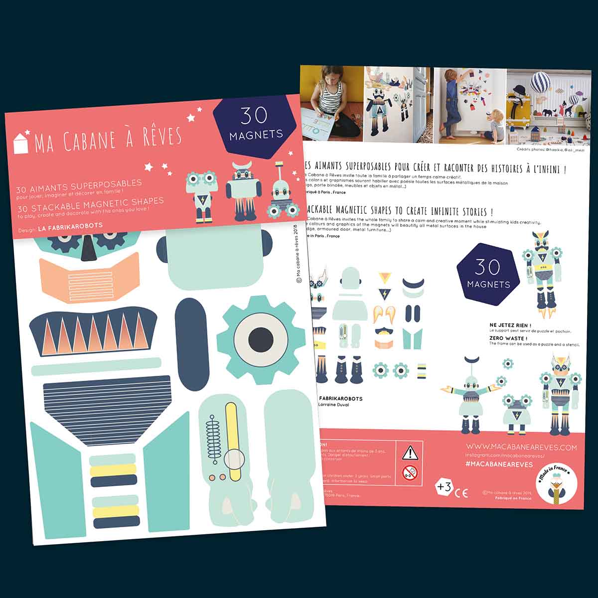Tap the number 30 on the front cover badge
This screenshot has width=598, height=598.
pyautogui.click(x=254, y=116)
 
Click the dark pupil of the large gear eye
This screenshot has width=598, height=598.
pyautogui.click(x=261, y=340)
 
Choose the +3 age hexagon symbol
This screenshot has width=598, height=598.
pyautogui.click(x=444, y=487)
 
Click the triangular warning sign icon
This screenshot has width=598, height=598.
pyautogui.click(x=410, y=452)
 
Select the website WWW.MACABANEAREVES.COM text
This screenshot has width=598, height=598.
pyautogui.click(x=522, y=448)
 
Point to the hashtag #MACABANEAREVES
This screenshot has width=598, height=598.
pyautogui.click(x=499, y=464)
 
